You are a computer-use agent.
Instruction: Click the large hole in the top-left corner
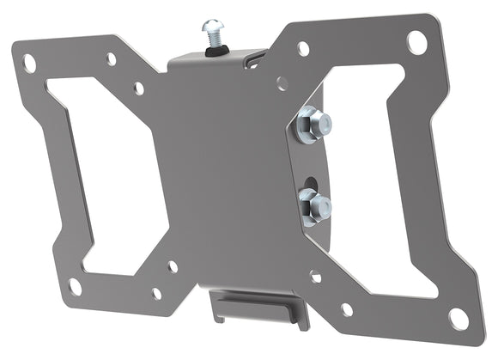[x=29, y=63]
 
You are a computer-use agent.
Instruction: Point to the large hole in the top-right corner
[x=416, y=40]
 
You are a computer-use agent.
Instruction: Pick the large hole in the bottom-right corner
[x=459, y=320]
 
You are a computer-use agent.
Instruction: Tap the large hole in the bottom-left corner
[x=76, y=286]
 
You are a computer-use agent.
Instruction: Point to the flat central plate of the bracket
[x=223, y=172]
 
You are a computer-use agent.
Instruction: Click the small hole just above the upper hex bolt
[x=282, y=83]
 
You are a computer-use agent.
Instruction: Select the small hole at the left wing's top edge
[x=111, y=58]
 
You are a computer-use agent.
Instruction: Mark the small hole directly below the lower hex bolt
[x=315, y=277]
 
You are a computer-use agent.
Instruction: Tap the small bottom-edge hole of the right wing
[x=347, y=309]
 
